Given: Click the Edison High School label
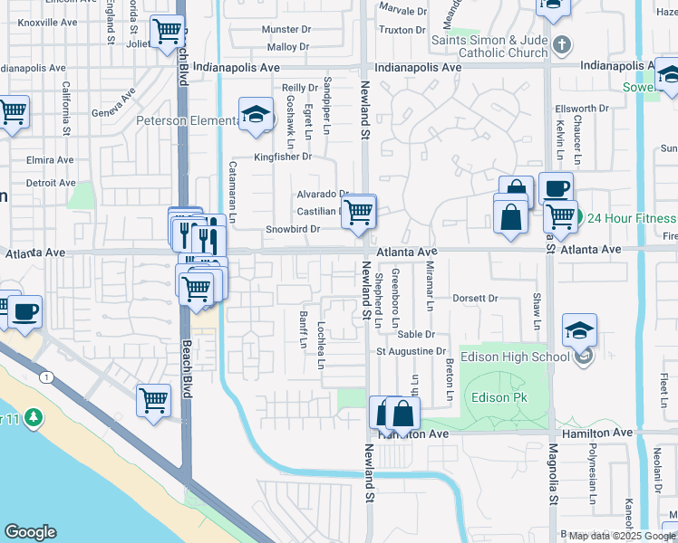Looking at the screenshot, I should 515,357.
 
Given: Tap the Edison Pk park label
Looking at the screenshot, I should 492,397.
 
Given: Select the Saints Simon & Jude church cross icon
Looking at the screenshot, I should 562,44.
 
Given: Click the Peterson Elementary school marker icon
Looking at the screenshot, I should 257,116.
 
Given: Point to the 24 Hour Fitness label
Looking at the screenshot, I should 631,218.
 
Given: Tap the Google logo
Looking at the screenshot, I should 30,532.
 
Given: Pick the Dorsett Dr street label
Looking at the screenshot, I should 476,298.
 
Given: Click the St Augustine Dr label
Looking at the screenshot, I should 412,351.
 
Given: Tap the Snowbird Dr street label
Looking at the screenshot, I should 291,229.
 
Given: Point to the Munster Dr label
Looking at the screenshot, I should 286,30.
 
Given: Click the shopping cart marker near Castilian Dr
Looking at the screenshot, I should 360,212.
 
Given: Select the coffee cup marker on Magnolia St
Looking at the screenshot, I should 556,189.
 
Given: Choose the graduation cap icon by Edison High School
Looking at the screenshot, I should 579,331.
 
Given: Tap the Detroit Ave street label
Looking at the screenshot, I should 51,183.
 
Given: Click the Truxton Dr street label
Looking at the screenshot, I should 403,30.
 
